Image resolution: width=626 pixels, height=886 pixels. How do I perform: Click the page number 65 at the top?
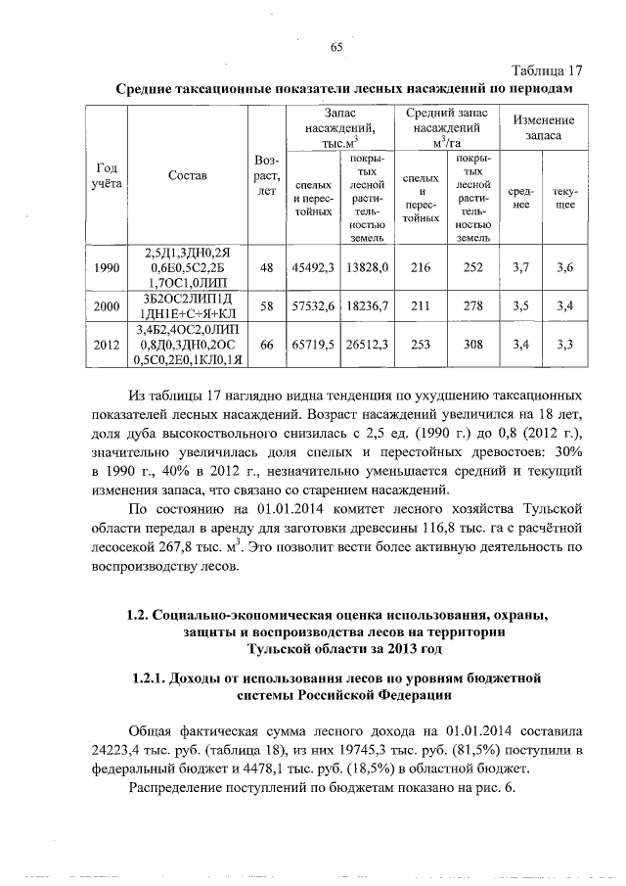click(336, 48)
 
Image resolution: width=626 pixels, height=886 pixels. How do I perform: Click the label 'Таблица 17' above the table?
click(549, 70)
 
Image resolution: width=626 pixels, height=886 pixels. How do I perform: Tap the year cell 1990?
click(105, 266)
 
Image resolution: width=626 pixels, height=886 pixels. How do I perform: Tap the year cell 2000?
click(105, 305)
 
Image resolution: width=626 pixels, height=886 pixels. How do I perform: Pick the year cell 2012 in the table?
click(105, 345)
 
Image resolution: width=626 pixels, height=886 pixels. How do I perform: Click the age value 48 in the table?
click(266, 266)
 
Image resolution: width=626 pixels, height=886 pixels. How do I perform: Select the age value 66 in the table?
click(266, 345)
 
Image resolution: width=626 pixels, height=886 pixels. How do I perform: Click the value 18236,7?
click(370, 305)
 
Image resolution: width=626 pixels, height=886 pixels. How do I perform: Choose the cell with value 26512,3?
click(370, 345)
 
